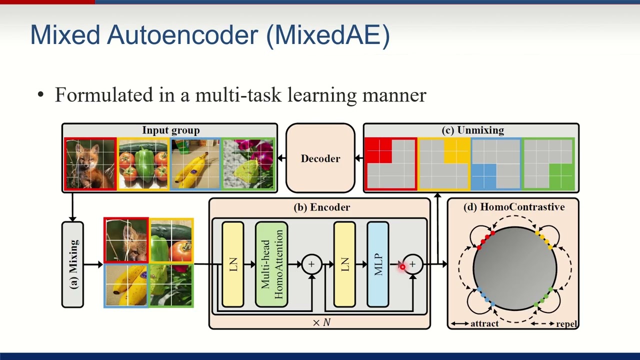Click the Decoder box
click(x=320, y=158)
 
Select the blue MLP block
click(x=377, y=264)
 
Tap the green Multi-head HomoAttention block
click(x=271, y=264)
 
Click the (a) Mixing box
click(x=72, y=264)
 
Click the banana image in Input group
click(x=195, y=164)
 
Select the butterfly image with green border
click(x=248, y=164)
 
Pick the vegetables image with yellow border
click(x=143, y=164)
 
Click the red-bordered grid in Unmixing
click(x=390, y=164)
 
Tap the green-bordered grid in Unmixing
click(x=548, y=164)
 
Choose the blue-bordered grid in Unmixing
click(x=496, y=164)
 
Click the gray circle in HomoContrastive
click(x=514, y=268)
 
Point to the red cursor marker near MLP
click(x=402, y=267)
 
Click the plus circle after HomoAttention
click(x=311, y=264)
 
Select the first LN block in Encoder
click(x=233, y=264)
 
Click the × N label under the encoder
click(x=321, y=323)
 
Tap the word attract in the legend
click(x=484, y=324)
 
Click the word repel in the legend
click(x=566, y=324)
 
